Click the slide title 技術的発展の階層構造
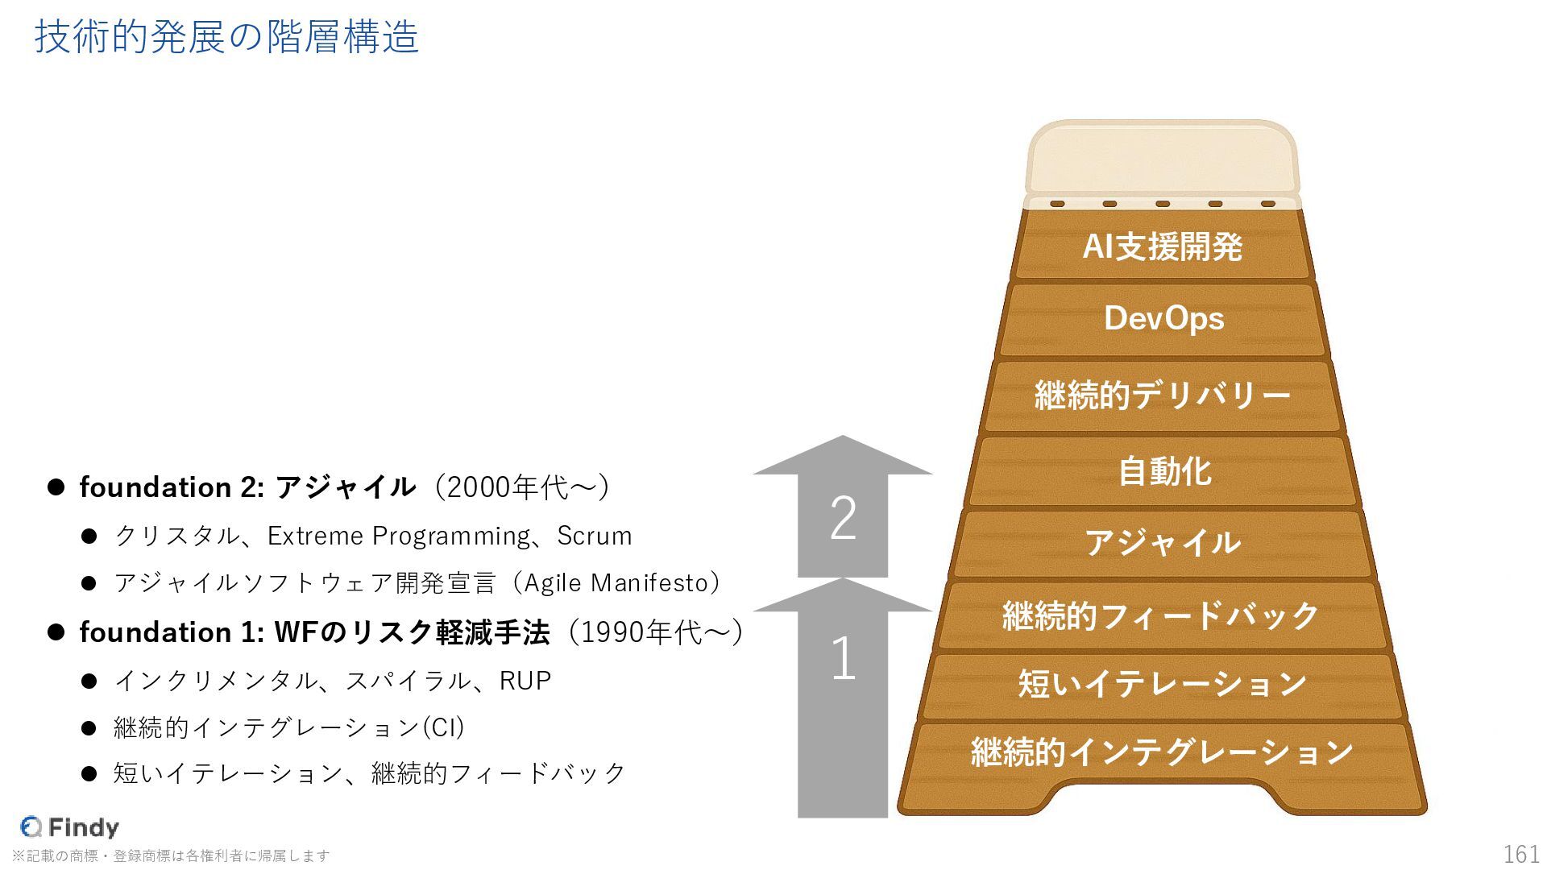pos(226,37)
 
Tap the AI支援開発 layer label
pos(1162,246)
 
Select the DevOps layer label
pos(1163,319)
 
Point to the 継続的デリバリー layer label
pos(1162,396)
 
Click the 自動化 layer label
pos(1163,471)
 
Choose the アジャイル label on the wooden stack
pos(1162,543)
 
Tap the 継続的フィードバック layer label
pos(1160,615)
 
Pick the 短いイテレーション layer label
pos(1162,684)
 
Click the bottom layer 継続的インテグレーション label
pos(1162,752)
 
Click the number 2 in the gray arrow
pos(843,518)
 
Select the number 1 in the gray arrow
pos(843,659)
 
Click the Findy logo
pos(70,827)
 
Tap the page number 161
pos(1521,854)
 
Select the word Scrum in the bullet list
pos(595,536)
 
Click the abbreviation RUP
pos(525,681)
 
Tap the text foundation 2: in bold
pos(172,487)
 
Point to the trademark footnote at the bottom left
pos(171,855)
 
